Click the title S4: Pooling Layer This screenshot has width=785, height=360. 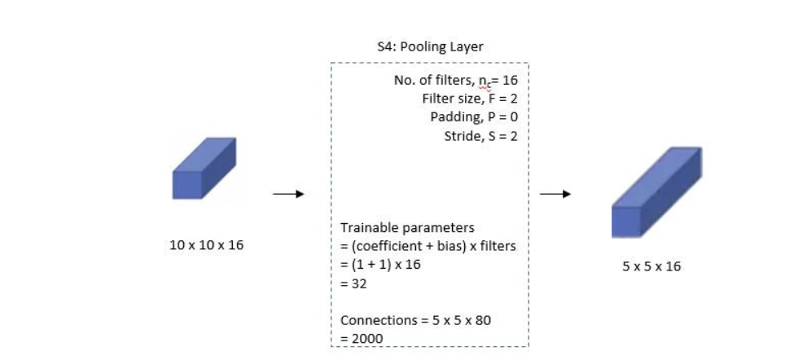pos(429,48)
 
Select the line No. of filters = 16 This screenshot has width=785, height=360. pos(455,81)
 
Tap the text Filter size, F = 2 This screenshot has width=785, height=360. pos(470,99)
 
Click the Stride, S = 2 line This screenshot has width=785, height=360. pos(480,136)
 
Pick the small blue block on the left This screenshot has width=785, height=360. pos(204,168)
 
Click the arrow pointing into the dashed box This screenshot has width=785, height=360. pos(287,195)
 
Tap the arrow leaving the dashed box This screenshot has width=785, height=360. pos(555,195)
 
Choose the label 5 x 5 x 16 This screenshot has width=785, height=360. pos(651,266)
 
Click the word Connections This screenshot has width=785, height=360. pos(372,320)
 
